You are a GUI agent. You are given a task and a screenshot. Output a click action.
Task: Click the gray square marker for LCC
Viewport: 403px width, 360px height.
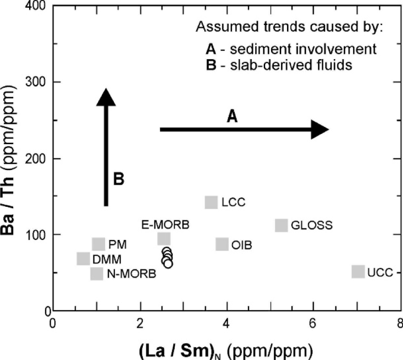[211, 202]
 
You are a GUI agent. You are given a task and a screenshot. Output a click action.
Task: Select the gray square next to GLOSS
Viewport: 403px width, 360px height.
[281, 225]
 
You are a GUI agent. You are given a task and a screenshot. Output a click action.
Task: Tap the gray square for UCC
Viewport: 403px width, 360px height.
[358, 272]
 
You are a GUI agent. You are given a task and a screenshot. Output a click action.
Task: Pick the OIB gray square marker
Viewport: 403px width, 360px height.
[222, 244]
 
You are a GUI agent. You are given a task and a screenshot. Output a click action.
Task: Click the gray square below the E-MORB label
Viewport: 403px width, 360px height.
[164, 239]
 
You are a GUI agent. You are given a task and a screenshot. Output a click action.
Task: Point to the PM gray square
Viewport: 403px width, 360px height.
[98, 244]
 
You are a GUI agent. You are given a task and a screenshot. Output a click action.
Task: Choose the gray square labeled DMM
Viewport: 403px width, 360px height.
[83, 259]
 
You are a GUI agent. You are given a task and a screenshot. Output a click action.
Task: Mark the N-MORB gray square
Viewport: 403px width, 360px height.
[96, 274]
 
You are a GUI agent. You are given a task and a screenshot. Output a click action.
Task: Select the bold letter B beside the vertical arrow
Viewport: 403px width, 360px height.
[119, 179]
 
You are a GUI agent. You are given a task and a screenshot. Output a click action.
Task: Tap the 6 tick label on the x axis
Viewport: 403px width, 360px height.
[313, 324]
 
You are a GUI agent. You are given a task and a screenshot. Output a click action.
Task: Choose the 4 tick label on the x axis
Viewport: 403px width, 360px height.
[226, 324]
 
